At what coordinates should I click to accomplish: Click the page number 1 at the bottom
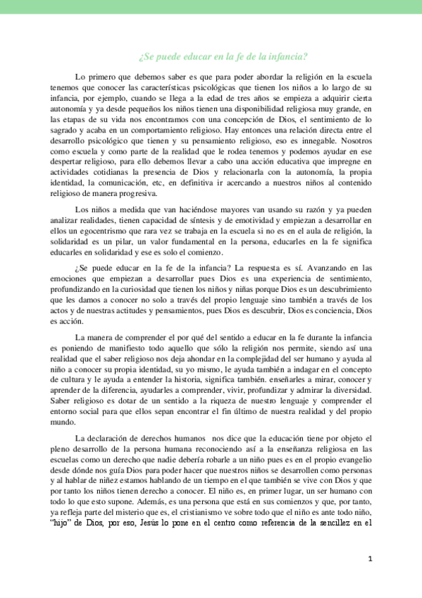point(370,559)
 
